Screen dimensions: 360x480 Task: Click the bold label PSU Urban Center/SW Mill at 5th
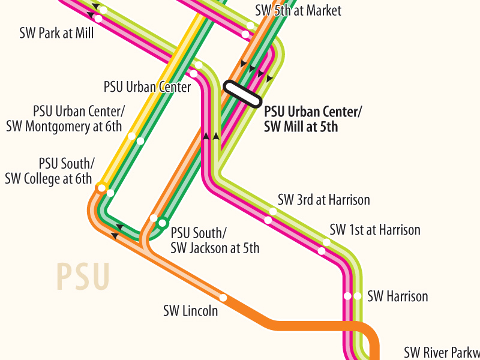[313, 119]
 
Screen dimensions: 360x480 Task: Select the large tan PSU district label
[83, 277]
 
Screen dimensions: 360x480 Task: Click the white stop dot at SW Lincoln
[223, 298]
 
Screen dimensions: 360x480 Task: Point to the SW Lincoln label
[190, 311]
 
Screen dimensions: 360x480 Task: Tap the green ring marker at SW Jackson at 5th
[162, 223]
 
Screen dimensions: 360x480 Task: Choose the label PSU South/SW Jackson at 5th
[215, 240]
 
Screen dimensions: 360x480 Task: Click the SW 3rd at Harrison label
[324, 200]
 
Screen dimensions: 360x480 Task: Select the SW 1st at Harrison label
[375, 230]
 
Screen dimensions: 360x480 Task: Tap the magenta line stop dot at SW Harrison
[347, 296]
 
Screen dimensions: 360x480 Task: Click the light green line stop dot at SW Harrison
[358, 296]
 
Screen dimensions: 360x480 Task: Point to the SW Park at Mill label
[56, 33]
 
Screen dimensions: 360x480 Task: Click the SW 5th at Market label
[298, 10]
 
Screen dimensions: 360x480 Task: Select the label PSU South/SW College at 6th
[49, 171]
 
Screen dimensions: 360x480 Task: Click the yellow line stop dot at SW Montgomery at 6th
[131, 136]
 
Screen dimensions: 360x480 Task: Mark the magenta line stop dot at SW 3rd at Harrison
[268, 220]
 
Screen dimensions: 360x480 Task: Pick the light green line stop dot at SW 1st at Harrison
[326, 242]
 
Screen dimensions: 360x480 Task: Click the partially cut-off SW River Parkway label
[442, 352]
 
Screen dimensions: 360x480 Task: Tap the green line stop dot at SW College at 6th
[110, 193]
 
